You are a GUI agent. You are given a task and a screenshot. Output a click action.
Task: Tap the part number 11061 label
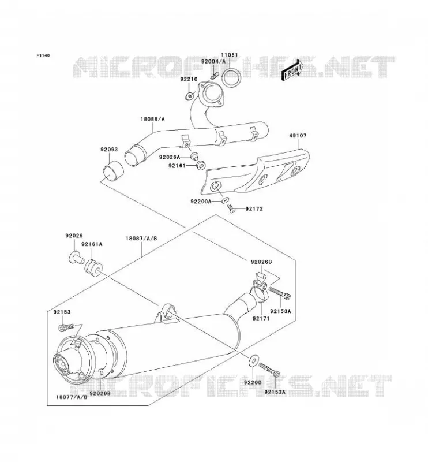click(230, 55)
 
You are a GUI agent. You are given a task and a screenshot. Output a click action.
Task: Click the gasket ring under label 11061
click(231, 77)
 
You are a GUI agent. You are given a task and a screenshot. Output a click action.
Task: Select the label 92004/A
click(213, 61)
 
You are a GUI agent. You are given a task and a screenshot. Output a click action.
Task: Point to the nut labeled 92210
click(190, 95)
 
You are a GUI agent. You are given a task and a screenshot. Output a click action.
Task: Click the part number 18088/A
click(152, 119)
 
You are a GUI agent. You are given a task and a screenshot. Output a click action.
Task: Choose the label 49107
click(298, 136)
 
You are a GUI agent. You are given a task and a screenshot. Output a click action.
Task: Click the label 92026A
click(169, 157)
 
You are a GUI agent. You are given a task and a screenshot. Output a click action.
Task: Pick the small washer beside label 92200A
click(224, 200)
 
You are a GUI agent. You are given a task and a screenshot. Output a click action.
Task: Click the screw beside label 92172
click(232, 209)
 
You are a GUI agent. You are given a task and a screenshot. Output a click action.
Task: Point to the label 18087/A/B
click(141, 238)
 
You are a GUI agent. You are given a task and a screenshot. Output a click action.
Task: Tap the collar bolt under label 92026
click(76, 257)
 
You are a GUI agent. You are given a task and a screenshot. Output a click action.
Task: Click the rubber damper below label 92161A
click(93, 268)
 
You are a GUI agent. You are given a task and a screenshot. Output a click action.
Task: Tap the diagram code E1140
click(43, 55)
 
